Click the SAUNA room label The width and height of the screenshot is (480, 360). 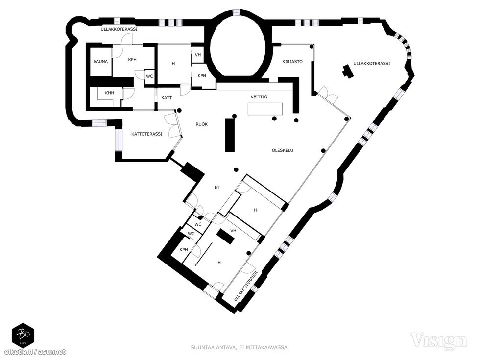tap(101, 62)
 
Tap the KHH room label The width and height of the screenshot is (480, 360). tap(109, 93)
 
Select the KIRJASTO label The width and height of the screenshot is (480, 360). tap(292, 62)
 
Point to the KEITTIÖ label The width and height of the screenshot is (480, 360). tap(259, 97)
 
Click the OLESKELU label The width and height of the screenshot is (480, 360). tap(283, 150)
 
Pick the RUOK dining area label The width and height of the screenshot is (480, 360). tap(202, 124)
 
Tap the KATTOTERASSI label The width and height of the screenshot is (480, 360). tap(146, 134)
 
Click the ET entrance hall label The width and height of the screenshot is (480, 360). tap(217, 187)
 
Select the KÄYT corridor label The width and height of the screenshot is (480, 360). tap(167, 98)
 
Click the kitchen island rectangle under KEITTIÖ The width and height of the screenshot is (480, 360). tap(265, 109)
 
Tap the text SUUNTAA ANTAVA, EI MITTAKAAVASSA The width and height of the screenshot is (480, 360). tap(240, 347)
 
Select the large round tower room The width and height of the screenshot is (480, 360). tap(238, 46)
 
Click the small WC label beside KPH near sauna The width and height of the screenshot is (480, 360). tap(149, 76)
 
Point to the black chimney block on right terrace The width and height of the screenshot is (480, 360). tap(347, 72)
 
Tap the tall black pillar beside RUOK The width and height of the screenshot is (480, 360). tap(230, 135)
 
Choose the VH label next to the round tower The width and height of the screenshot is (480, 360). tap(198, 55)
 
